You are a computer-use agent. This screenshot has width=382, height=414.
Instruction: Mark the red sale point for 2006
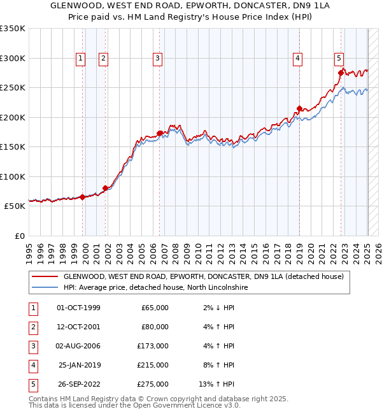[159, 133]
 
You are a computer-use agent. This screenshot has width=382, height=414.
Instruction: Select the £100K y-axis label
[13, 176]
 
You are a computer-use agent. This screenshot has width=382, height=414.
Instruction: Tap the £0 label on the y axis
[18, 236]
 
